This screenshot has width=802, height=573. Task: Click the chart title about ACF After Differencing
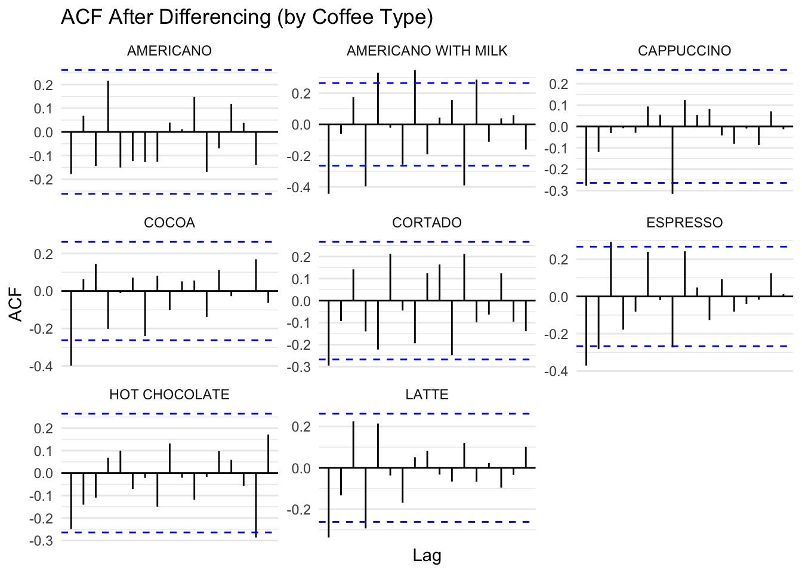(247, 17)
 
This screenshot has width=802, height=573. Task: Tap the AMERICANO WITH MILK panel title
(427, 51)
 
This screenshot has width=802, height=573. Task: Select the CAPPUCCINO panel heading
(684, 51)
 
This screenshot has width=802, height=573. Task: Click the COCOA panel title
(169, 223)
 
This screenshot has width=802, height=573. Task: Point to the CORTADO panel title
(427, 223)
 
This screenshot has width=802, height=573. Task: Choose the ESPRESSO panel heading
(684, 223)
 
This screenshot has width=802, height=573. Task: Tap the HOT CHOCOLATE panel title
(169, 395)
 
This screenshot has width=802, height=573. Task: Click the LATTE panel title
(427, 395)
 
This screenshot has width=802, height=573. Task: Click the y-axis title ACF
(17, 304)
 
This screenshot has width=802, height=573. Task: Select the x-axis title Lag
(427, 556)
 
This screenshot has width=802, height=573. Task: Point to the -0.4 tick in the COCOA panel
(41, 366)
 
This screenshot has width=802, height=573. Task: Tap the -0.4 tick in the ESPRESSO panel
(556, 371)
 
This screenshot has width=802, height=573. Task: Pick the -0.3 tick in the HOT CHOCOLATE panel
(41, 541)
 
